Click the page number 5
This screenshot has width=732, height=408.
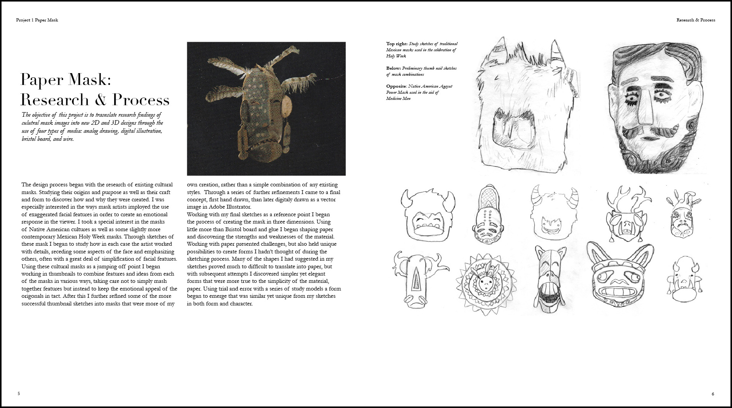click(19, 393)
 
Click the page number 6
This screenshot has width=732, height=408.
click(712, 394)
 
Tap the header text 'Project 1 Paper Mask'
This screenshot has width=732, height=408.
click(37, 20)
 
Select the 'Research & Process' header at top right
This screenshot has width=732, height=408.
click(696, 20)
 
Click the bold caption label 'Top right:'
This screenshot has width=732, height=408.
click(397, 44)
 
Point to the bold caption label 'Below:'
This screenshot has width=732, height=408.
click(394, 69)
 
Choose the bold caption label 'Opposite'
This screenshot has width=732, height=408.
click(396, 86)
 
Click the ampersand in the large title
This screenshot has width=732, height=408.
click(101, 100)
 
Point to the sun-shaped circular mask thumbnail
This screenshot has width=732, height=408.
click(485, 284)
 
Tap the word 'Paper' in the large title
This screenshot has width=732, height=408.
click(41, 80)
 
